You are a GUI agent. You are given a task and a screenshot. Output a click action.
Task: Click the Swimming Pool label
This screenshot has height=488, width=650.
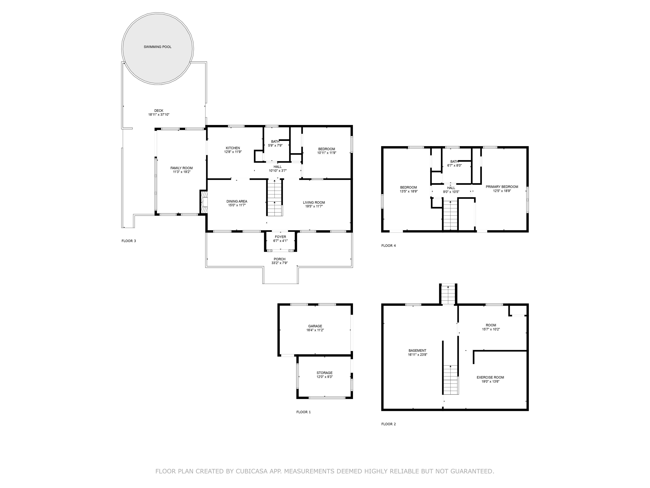click(x=157, y=47)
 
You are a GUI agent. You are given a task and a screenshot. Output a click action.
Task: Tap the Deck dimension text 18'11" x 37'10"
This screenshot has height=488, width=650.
click(x=159, y=115)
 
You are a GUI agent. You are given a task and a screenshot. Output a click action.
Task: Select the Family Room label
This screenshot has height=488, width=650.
click(x=182, y=168)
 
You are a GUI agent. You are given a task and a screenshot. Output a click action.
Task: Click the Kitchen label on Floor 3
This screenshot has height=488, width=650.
click(x=233, y=148)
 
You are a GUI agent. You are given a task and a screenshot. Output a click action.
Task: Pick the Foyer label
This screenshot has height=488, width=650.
click(x=280, y=237)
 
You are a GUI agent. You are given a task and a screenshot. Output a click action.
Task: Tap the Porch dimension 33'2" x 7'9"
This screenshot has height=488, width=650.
click(x=280, y=263)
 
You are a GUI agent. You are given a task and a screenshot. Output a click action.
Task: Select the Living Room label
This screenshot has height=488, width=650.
click(x=314, y=202)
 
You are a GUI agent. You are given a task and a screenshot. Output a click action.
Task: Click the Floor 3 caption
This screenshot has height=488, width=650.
click(x=129, y=241)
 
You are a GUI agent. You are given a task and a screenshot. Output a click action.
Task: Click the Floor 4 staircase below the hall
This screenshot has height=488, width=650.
click(x=450, y=215)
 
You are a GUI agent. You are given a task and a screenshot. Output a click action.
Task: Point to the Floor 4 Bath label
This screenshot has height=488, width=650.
click(x=454, y=161)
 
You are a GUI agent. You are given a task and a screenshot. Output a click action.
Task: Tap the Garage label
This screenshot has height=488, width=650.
click(x=315, y=326)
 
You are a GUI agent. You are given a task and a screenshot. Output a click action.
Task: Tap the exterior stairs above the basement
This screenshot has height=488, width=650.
click(x=448, y=294)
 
